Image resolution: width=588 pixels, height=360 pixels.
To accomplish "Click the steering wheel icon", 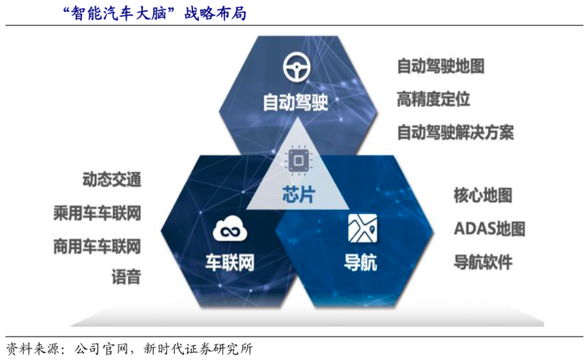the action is (x=297, y=67).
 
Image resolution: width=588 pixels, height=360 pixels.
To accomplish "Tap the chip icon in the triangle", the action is (x=299, y=161).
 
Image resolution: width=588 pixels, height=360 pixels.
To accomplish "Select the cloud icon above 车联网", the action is (x=230, y=229).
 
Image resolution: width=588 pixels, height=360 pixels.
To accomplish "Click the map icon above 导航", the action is (x=362, y=228).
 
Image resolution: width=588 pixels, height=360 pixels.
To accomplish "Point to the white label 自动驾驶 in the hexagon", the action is (x=295, y=102).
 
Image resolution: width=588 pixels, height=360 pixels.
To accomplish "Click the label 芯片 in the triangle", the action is (x=299, y=194).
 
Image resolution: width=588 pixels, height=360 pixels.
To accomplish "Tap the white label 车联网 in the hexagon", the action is (x=229, y=262).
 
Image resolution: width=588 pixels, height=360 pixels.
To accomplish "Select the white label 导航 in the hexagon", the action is (x=361, y=262).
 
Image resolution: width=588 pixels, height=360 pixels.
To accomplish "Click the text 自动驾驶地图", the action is (x=440, y=66).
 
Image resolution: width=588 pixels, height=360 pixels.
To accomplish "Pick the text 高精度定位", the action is (x=434, y=99).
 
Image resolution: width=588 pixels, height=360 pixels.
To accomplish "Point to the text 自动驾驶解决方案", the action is (x=455, y=133).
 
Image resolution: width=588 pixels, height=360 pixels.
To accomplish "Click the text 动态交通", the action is (x=112, y=179).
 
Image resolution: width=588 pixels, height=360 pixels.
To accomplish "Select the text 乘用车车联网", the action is (x=97, y=213).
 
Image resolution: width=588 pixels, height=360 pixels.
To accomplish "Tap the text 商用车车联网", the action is (x=97, y=246).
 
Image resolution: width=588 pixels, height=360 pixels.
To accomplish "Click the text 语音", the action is (x=127, y=277).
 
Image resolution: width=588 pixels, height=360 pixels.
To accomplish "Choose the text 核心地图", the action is (x=483, y=195).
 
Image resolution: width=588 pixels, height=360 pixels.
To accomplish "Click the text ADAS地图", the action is (x=489, y=229).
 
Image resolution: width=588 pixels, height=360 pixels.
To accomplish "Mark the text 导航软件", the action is (x=483, y=262).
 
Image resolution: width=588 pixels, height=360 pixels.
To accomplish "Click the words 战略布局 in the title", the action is (x=215, y=13).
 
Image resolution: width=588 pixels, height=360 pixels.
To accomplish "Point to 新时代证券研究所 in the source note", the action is (x=198, y=349).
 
